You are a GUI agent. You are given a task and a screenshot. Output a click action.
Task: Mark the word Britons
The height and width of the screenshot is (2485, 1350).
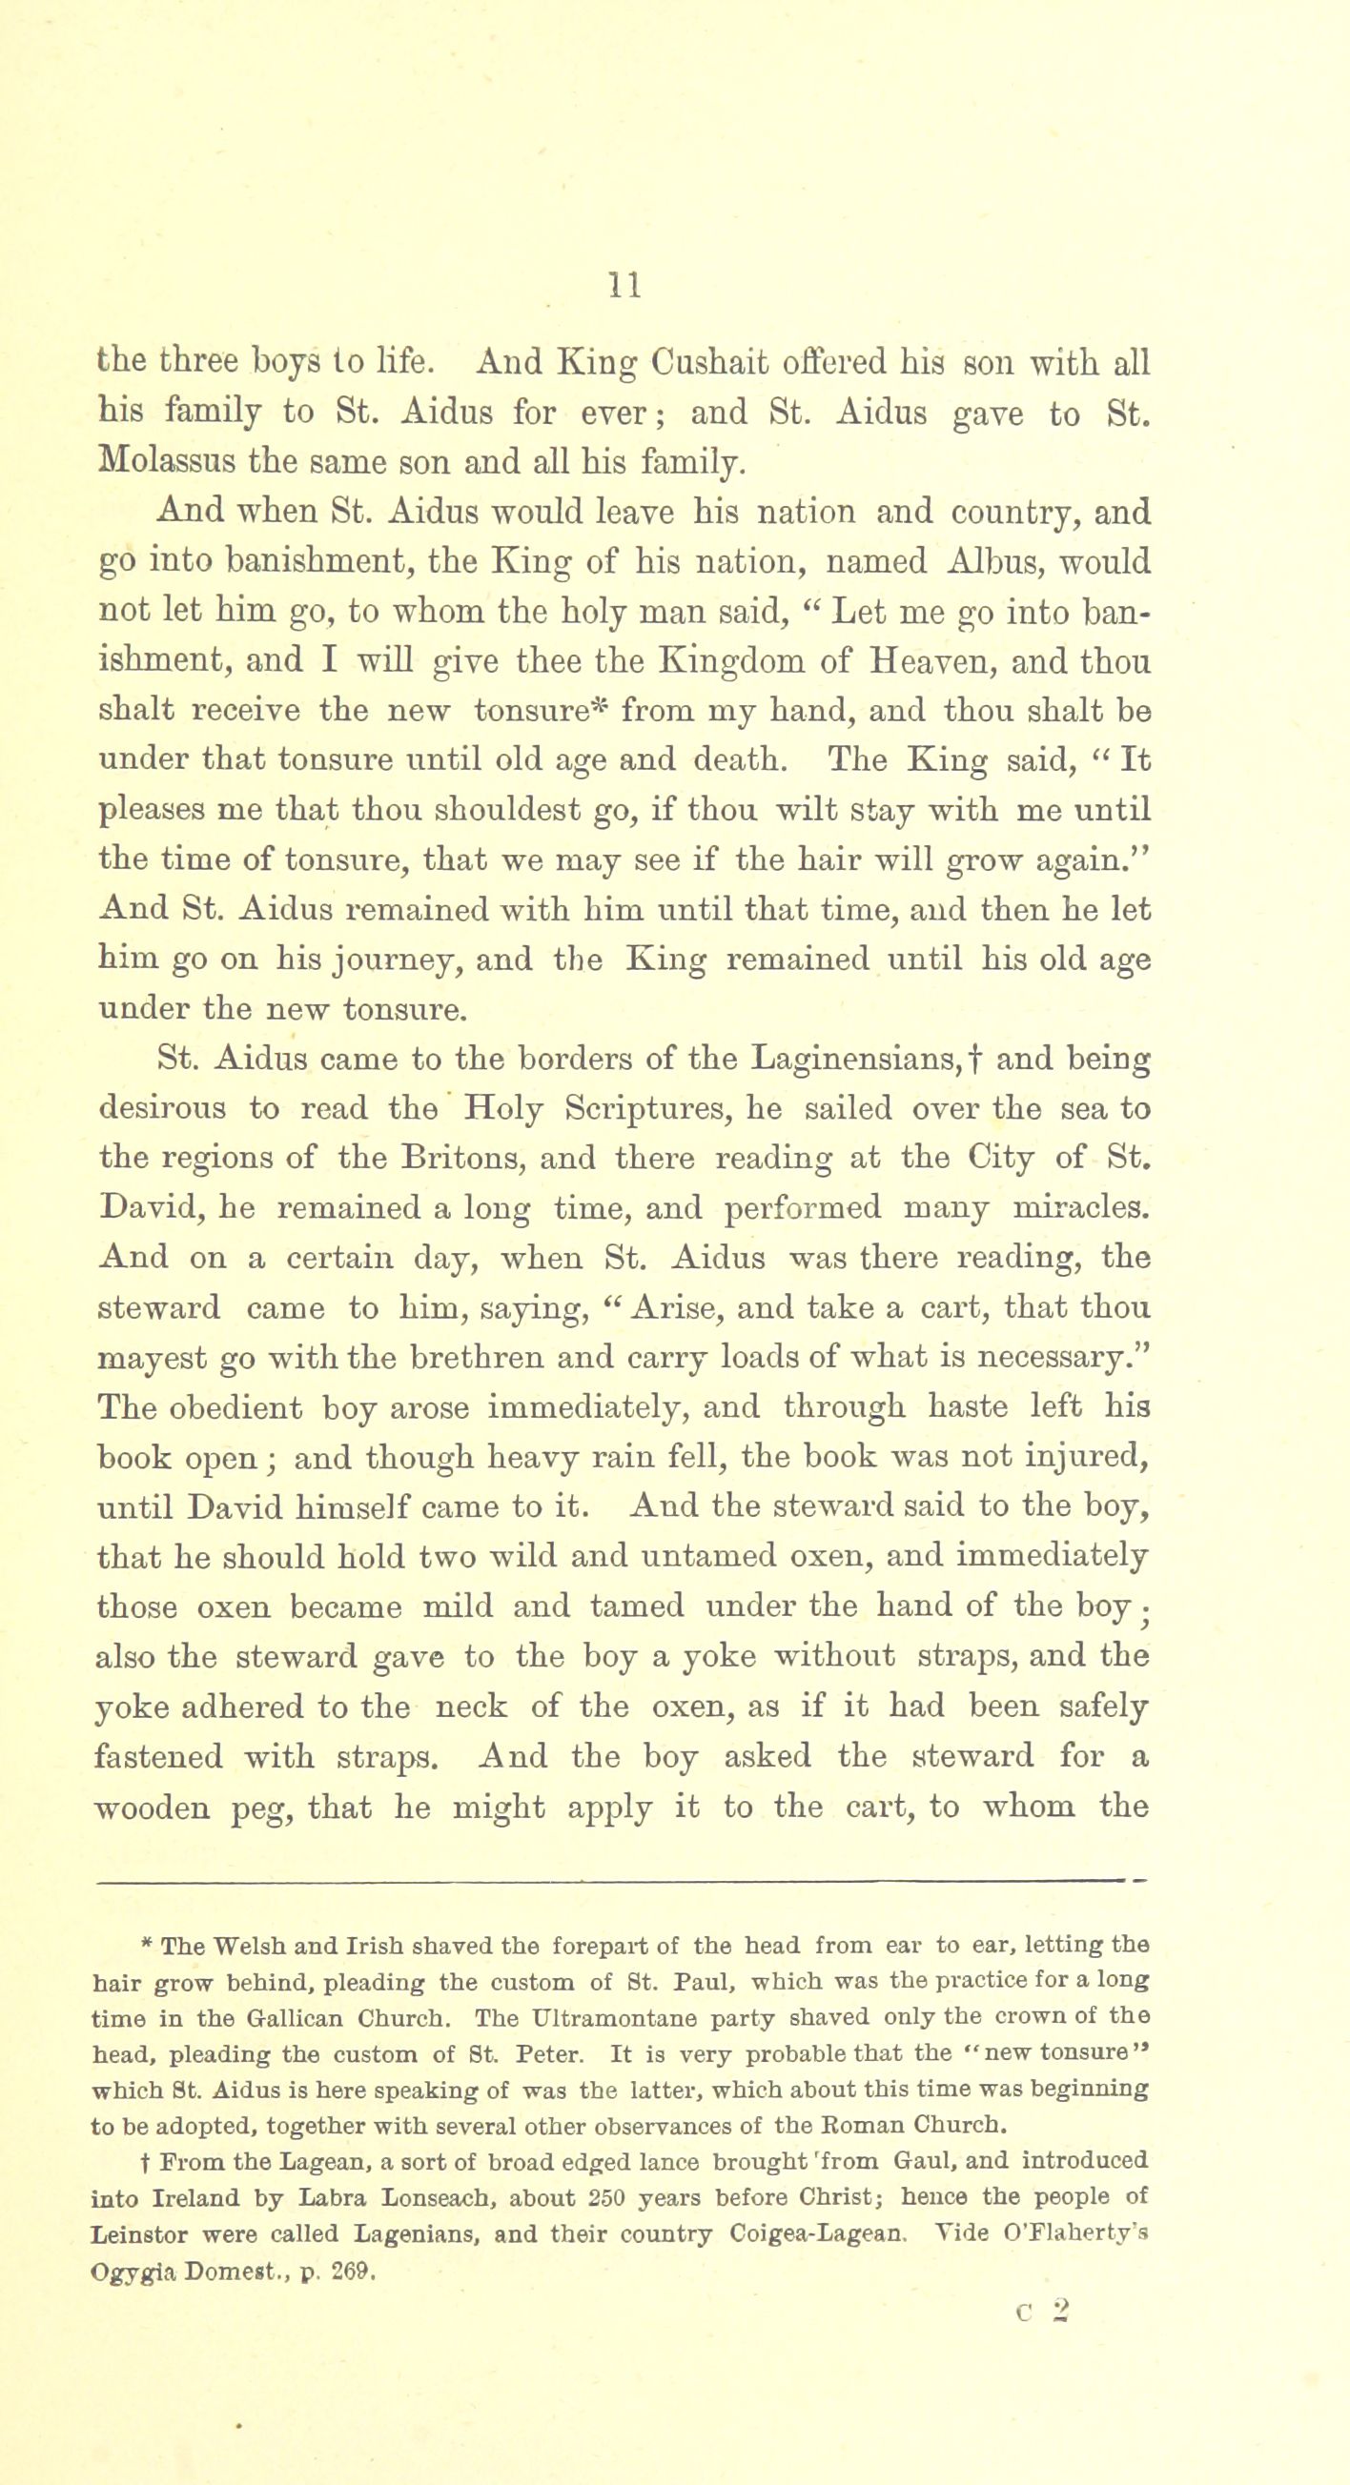click(453, 1158)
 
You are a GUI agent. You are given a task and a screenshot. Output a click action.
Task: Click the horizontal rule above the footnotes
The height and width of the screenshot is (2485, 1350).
click(618, 1879)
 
